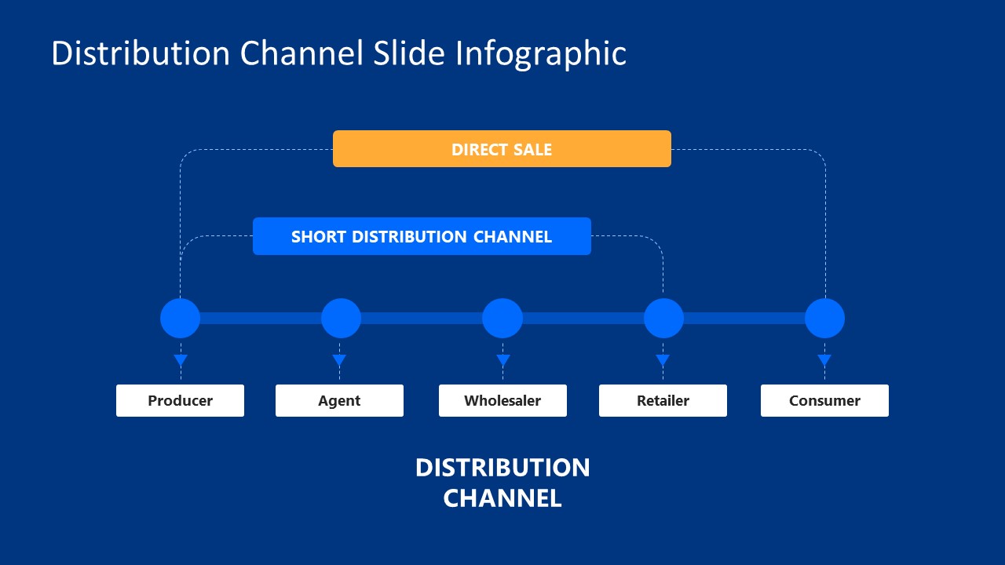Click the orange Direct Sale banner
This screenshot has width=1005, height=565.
[502, 149]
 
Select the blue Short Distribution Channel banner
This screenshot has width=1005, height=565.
[422, 236]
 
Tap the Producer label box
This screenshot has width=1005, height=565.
[180, 400]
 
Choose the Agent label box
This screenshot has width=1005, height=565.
[339, 400]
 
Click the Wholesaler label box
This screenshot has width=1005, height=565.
[502, 400]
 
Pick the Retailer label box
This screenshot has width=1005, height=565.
[663, 400]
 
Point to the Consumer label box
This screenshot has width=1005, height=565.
[824, 400]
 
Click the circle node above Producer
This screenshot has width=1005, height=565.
[181, 318]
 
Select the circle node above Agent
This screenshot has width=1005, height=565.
[341, 318]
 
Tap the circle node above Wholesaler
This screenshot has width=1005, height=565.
[502, 318]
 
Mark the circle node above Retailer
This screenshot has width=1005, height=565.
[663, 318]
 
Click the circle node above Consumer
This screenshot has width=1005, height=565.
[824, 318]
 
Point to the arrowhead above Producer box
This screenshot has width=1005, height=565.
[181, 360]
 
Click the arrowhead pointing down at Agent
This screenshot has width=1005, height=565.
[339, 360]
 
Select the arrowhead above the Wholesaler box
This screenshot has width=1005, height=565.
[503, 360]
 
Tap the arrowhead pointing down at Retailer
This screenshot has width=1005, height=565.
[663, 360]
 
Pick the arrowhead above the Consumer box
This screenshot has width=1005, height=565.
[824, 360]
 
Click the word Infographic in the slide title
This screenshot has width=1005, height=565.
[541, 53]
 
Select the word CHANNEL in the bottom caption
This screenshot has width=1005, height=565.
[502, 498]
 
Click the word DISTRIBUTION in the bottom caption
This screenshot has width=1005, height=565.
[502, 468]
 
